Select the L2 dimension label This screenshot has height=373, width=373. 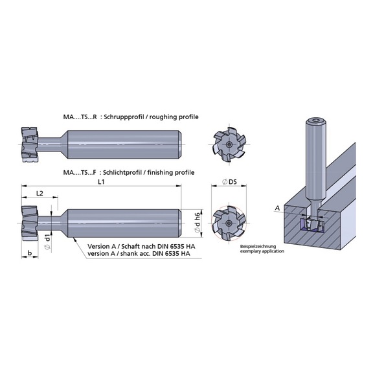tap(40, 194)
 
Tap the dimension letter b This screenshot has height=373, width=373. tap(30, 252)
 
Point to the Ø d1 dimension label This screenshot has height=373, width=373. tap(47, 242)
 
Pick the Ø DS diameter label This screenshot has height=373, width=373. tap(228, 183)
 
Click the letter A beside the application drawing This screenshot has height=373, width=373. tap(278, 207)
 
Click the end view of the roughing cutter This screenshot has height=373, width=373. tap(228, 142)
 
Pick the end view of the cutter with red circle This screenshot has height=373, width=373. tap(228, 221)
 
